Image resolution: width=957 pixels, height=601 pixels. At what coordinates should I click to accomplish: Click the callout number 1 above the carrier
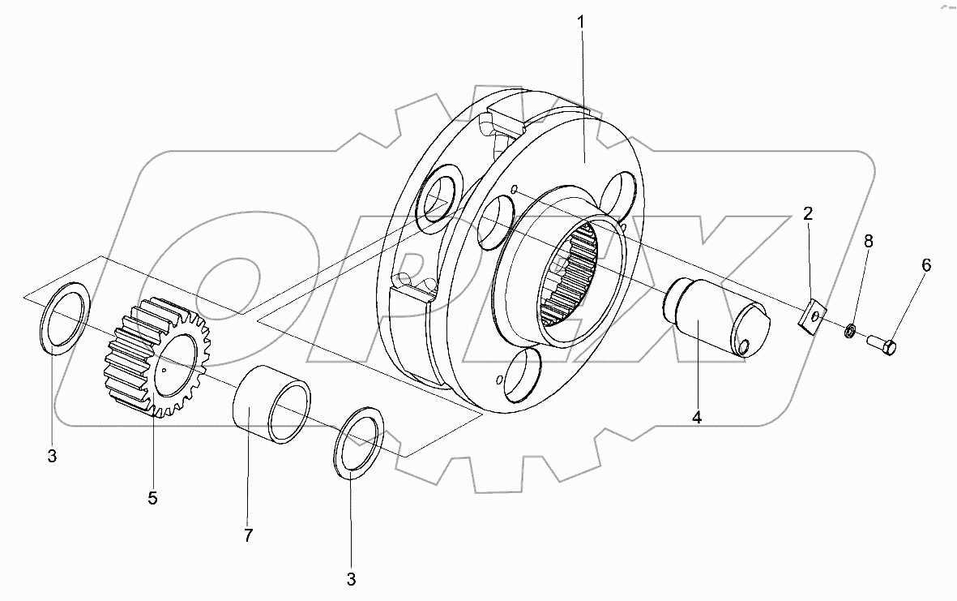point(581,24)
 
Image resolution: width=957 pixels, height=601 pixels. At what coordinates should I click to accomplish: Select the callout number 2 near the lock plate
point(807,214)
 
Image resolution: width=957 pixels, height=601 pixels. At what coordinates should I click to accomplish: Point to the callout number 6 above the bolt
point(925,265)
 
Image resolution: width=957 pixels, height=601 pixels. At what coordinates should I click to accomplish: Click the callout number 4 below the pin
point(696,418)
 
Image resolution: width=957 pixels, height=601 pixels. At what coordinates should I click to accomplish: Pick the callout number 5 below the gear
point(152,498)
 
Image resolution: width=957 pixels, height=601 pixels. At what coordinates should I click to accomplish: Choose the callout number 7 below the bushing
point(248,534)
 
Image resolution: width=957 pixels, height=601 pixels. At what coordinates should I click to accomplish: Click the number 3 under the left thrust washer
point(52,456)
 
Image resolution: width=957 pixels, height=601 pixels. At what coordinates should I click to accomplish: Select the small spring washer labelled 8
point(849,331)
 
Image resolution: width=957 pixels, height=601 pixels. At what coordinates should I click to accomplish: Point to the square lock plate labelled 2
point(810,316)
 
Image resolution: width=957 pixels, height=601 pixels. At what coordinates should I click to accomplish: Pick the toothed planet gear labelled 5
point(154,357)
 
